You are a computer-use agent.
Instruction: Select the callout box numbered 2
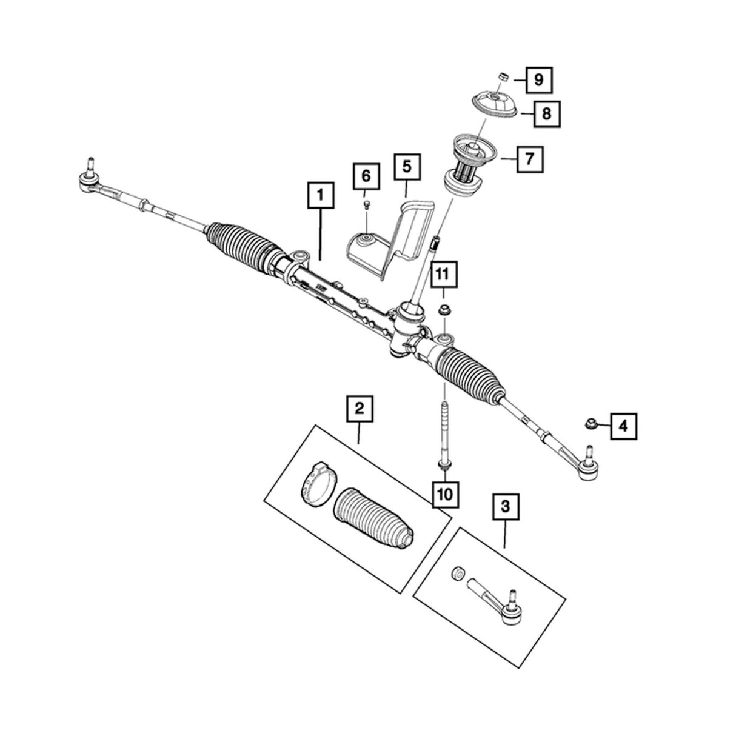(x=360, y=410)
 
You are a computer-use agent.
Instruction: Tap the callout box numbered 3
(x=506, y=505)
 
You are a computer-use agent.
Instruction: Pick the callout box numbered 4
(x=624, y=426)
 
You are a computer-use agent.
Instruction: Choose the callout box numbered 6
(x=366, y=176)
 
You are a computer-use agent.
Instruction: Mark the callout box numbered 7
(x=529, y=159)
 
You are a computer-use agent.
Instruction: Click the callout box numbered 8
(x=547, y=113)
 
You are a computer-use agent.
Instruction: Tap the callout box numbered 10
(x=444, y=494)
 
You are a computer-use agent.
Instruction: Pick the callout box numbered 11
(x=444, y=275)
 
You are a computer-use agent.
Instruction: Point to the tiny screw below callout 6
(x=366, y=204)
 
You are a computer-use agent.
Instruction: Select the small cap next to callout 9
(x=501, y=76)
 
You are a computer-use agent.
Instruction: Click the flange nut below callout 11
(x=444, y=311)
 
